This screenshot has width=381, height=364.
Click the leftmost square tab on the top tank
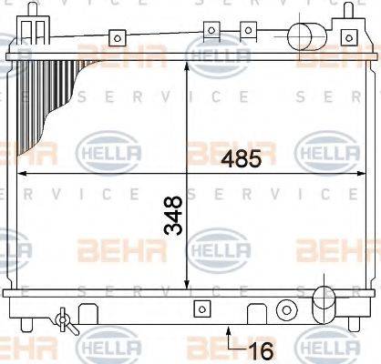tap(117, 37)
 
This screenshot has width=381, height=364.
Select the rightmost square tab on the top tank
tap(347, 36)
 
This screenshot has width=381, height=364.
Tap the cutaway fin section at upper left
tap(50, 100)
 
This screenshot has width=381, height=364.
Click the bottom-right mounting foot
tap(356, 325)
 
